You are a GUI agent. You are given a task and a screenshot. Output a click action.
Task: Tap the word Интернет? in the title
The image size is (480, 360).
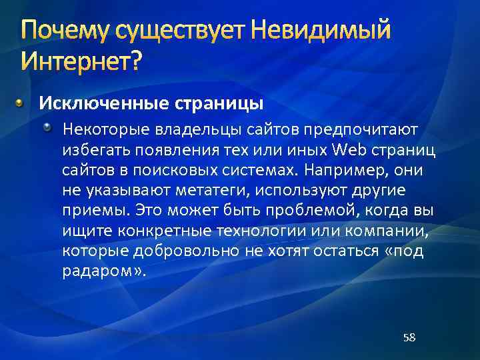point(81,62)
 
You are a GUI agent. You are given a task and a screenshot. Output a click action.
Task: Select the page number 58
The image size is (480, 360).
point(409,337)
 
